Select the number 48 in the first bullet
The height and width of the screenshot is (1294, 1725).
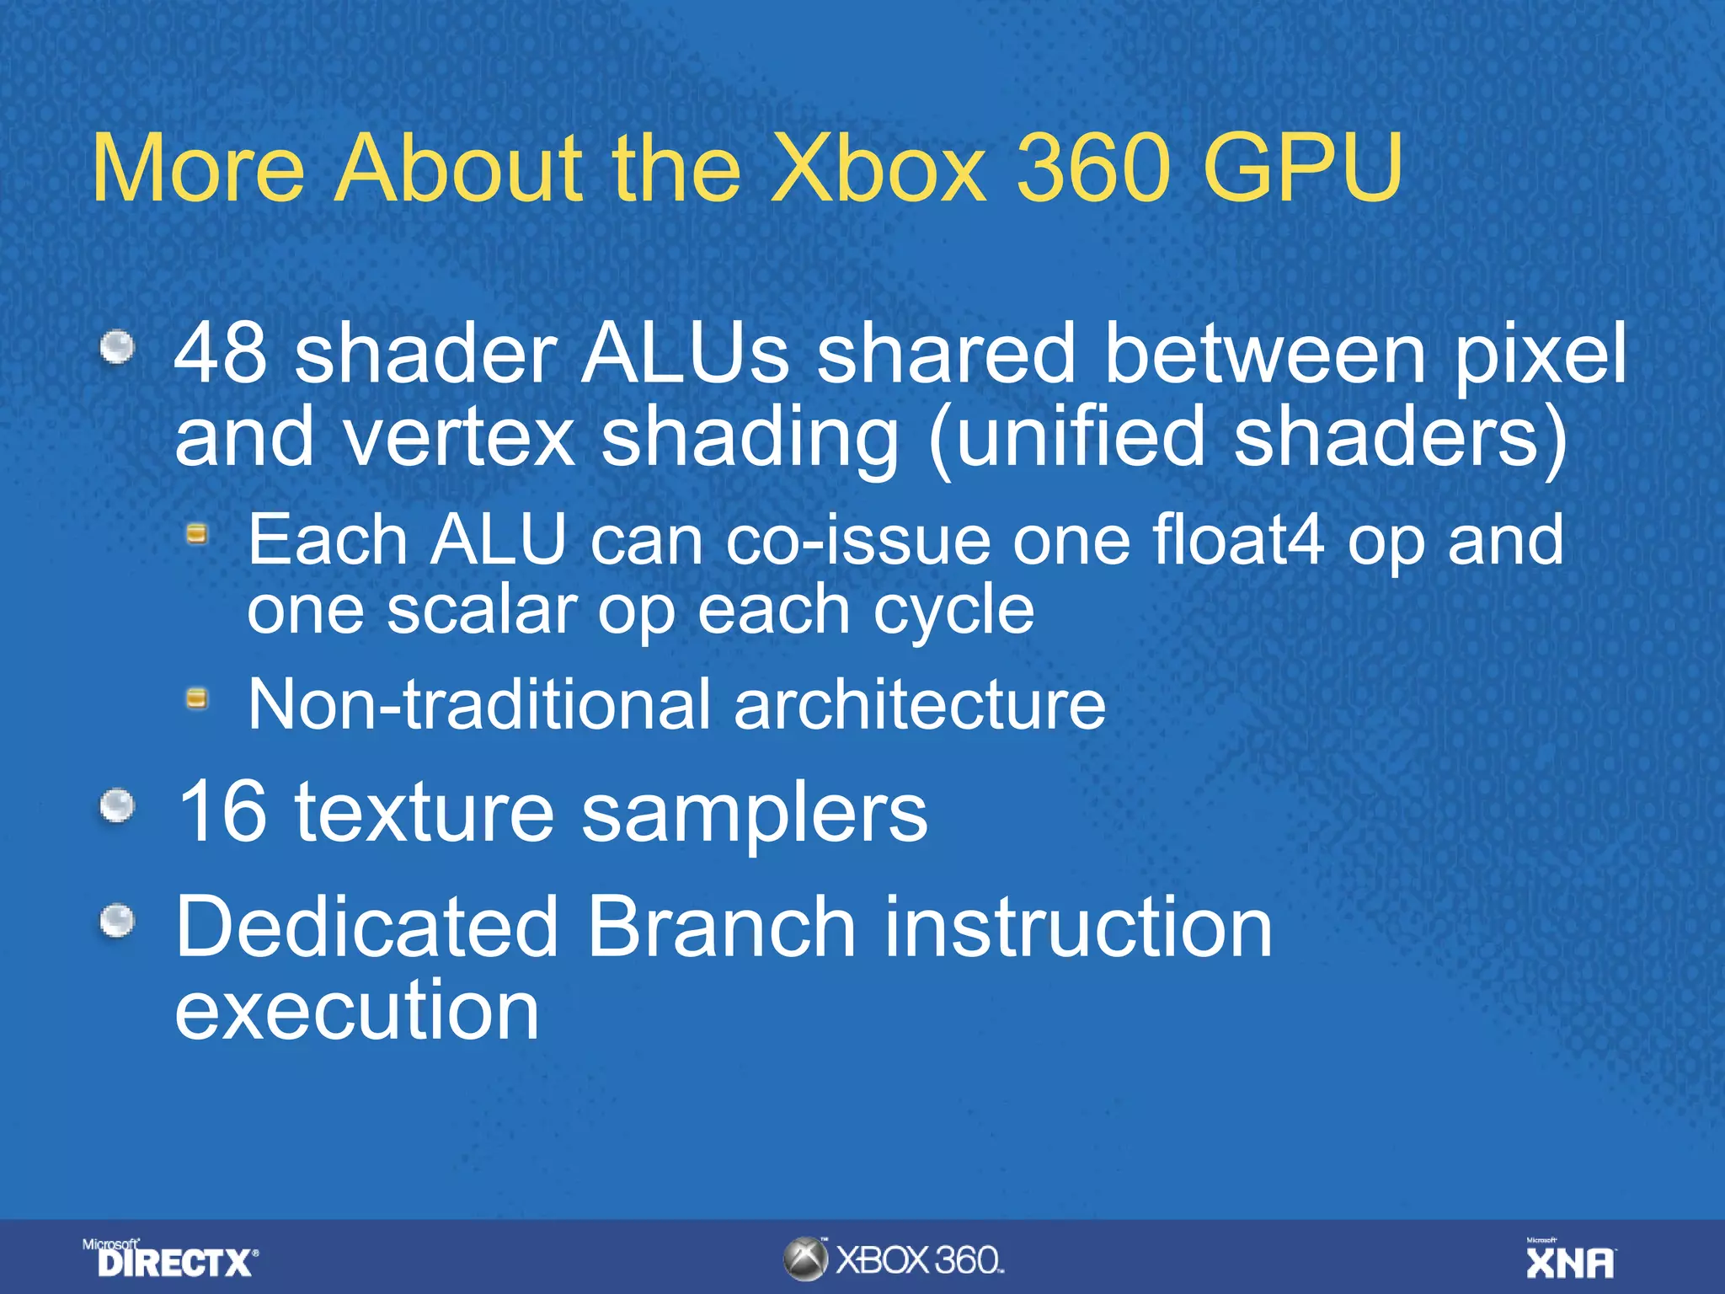point(221,354)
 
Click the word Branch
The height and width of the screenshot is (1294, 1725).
point(721,927)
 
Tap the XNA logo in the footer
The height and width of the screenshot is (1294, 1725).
point(1571,1259)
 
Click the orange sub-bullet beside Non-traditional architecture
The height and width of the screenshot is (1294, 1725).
point(196,698)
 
